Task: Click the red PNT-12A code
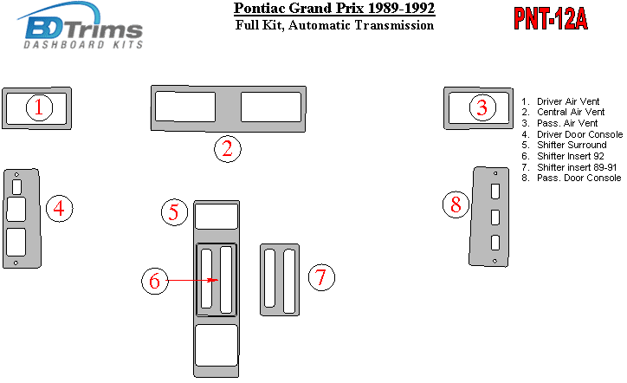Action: (x=551, y=19)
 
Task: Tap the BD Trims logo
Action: (x=80, y=26)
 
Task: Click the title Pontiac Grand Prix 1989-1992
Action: (x=334, y=9)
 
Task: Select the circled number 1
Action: (x=39, y=107)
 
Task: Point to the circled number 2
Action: (x=228, y=149)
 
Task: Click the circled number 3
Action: (x=482, y=107)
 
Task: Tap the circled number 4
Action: (x=59, y=209)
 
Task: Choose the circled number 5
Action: (x=174, y=212)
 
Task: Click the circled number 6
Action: (x=155, y=281)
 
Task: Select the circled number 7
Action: (x=321, y=277)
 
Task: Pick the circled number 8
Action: (x=456, y=204)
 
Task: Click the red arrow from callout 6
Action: (x=192, y=280)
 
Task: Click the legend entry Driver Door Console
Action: (x=572, y=134)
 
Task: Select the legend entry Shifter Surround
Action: (x=565, y=145)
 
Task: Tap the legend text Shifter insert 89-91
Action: (x=570, y=167)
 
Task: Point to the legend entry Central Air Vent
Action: (x=563, y=112)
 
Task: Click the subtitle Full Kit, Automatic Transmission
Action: (x=334, y=25)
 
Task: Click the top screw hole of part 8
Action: (x=495, y=173)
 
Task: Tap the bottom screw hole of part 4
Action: (x=16, y=263)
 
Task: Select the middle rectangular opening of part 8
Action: (x=495, y=217)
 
